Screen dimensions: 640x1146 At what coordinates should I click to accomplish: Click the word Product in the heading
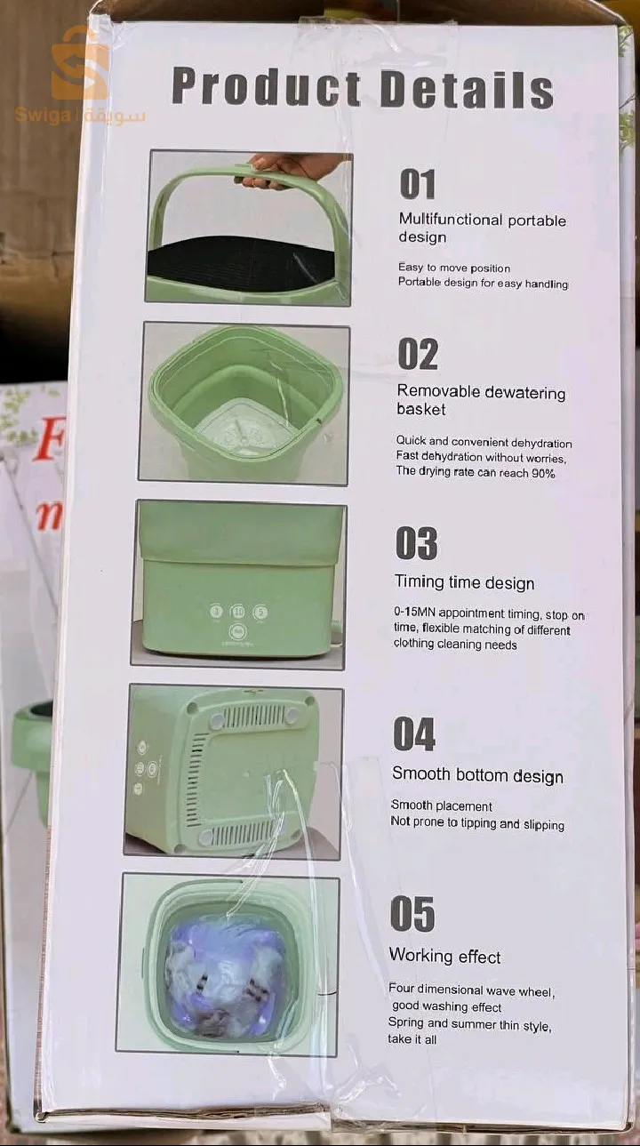(x=267, y=87)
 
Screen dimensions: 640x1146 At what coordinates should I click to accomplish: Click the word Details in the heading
(x=467, y=90)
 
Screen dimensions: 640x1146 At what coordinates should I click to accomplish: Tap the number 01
(x=418, y=184)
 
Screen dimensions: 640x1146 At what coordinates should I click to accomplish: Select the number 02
(x=418, y=354)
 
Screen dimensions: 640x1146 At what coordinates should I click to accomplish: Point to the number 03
(x=416, y=543)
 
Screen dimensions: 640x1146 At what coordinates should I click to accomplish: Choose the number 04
(x=414, y=734)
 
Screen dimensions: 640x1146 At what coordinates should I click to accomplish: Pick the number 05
(x=412, y=914)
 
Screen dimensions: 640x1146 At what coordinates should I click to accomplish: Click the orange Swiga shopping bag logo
(x=80, y=66)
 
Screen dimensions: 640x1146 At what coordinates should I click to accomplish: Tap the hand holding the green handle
(x=286, y=169)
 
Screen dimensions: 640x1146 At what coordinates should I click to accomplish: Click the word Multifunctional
(x=450, y=220)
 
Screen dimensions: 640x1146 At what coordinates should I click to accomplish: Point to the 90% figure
(x=543, y=473)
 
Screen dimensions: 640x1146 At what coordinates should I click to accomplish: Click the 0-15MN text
(x=415, y=612)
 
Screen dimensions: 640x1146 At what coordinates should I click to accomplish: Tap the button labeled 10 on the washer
(x=238, y=612)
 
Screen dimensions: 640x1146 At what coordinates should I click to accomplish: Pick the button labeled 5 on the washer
(x=260, y=612)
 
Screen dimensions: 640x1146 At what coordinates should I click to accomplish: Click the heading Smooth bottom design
(x=478, y=775)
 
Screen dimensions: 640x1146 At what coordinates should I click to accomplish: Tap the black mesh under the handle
(x=241, y=263)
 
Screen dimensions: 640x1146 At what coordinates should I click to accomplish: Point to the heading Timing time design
(x=465, y=582)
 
